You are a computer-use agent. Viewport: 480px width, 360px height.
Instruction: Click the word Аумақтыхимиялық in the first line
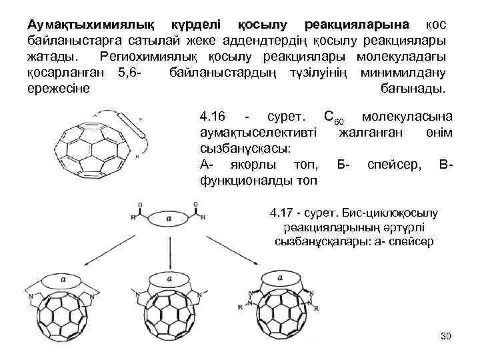tap(92, 25)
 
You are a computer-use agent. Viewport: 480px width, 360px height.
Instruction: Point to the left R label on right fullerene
tap(240, 309)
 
